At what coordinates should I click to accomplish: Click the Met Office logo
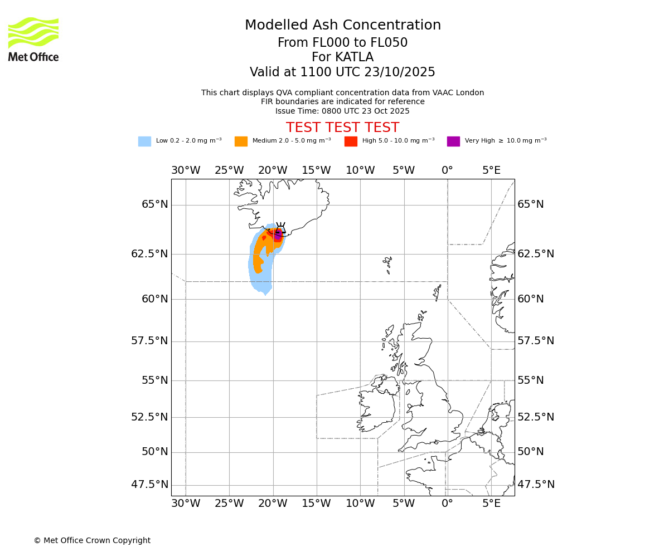point(33,39)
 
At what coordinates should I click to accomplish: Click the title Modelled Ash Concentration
point(342,25)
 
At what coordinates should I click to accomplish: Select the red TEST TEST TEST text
point(342,128)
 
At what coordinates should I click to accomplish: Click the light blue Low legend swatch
point(144,141)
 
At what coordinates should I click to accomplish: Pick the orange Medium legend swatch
point(241,141)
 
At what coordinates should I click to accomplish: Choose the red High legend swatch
point(351,141)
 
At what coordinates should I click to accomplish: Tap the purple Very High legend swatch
point(453,141)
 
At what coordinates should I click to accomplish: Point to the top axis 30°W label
point(186,170)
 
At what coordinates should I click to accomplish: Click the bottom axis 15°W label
point(316,504)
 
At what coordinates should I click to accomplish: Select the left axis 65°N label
point(154,204)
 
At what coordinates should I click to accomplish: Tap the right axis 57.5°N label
point(536,341)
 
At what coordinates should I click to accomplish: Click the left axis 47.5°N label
point(149,485)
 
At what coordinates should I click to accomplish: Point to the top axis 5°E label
point(491,170)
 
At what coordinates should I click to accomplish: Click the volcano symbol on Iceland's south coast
point(280,228)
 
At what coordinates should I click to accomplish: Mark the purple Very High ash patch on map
point(278,236)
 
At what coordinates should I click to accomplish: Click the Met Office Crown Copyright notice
point(92,540)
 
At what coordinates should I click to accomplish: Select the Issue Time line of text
point(342,111)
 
